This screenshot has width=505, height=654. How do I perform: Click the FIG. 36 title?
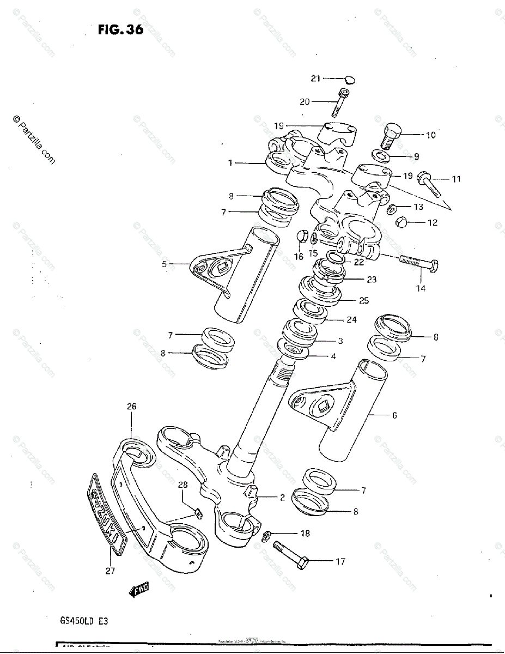click(x=120, y=29)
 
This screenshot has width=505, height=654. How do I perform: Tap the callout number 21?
click(x=316, y=78)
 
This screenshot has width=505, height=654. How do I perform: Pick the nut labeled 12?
click(x=400, y=222)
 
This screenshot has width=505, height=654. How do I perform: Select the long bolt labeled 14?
click(x=419, y=264)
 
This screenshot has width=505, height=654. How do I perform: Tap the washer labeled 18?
click(x=267, y=535)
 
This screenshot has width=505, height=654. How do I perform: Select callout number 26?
click(x=132, y=406)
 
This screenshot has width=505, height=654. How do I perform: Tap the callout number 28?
click(x=183, y=485)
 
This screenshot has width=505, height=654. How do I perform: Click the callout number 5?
click(x=164, y=264)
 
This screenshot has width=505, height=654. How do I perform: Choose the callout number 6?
click(x=394, y=415)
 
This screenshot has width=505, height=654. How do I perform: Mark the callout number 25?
click(x=364, y=300)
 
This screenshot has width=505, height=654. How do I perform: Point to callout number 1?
click(x=230, y=162)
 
